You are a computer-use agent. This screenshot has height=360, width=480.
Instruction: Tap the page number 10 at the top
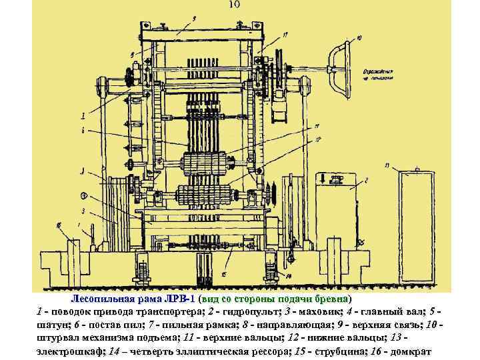tap(234, 5)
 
